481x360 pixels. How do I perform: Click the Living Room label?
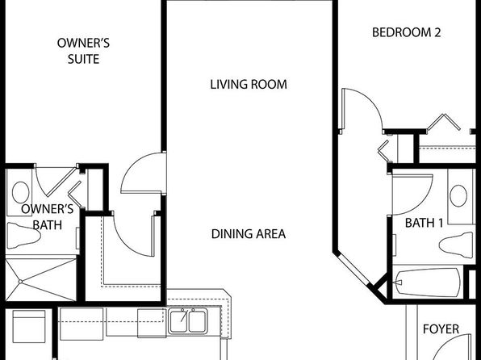249,85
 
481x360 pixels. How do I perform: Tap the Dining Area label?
249,234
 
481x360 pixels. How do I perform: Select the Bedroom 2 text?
407,32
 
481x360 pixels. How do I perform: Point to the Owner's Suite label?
83,51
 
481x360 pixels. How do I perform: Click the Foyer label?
441,329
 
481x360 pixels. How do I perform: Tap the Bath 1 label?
424,223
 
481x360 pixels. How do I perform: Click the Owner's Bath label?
48,217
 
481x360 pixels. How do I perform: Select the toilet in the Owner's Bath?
24,236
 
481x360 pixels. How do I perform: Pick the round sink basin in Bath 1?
458,196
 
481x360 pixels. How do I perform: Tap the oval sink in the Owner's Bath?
20,192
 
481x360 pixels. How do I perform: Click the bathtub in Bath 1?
428,283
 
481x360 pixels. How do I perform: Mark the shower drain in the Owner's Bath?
20,282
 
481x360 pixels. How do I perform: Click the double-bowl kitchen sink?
188,321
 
